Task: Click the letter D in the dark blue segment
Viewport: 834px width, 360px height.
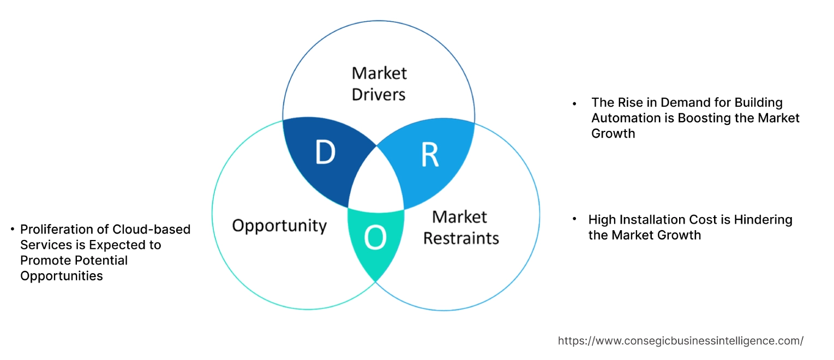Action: point(325,154)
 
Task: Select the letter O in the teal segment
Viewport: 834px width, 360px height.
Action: point(376,238)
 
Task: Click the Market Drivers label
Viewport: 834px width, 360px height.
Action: point(379,83)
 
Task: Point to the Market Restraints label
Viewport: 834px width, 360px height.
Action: point(461,227)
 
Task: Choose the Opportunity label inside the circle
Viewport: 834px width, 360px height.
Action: point(279,225)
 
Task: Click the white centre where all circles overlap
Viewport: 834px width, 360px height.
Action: point(376,183)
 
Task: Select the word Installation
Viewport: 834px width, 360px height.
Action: point(654,220)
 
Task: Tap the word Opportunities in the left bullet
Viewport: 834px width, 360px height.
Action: point(61,276)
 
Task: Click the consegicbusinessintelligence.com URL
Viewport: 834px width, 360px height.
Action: point(680,341)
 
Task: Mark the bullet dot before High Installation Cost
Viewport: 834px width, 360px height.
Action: point(574,219)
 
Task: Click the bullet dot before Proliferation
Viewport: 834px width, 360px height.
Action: point(12,229)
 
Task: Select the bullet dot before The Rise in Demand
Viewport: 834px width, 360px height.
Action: point(574,103)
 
